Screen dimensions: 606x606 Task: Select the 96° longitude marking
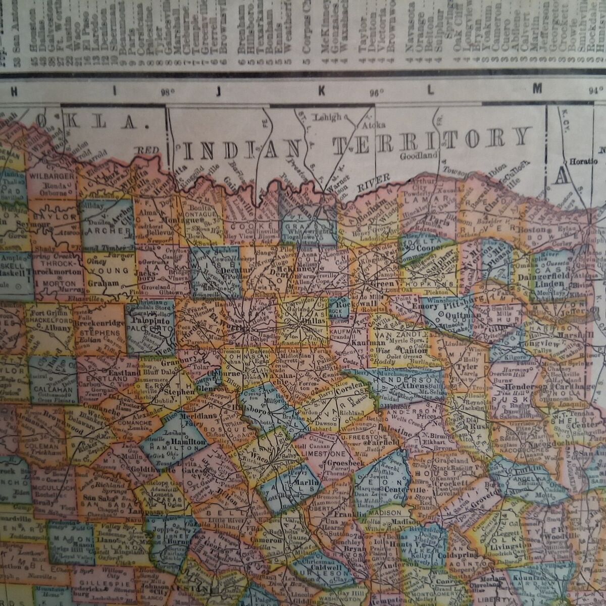point(376,92)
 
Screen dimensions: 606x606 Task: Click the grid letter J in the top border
point(219,91)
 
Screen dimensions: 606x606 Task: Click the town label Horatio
point(583,162)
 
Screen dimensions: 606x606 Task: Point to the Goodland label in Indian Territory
point(418,156)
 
